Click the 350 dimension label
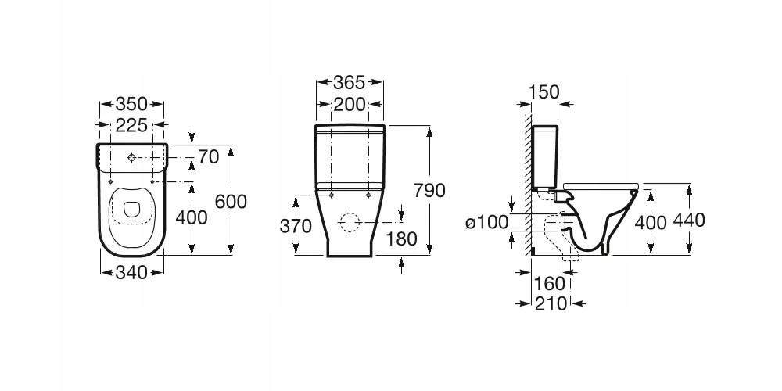(x=131, y=104)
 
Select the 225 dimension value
(x=131, y=125)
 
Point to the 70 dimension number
(x=209, y=156)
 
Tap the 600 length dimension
(x=231, y=202)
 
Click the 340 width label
(x=131, y=272)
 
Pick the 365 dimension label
(x=349, y=82)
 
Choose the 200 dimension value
(x=349, y=105)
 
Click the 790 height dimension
(x=429, y=191)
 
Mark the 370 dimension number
(x=296, y=227)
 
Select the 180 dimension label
(x=401, y=239)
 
